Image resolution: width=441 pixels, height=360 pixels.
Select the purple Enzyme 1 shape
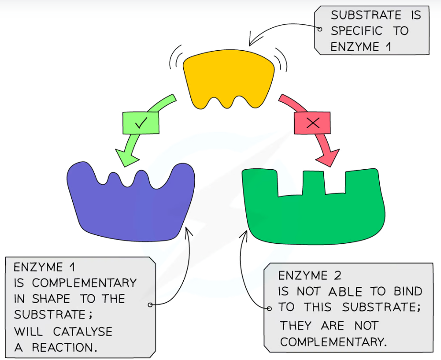(132, 206)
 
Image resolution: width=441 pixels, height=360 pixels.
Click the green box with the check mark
(141, 123)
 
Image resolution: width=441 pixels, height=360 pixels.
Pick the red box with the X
(312, 123)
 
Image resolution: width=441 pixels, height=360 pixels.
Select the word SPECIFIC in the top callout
(357, 31)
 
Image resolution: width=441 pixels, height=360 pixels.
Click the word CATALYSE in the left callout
(82, 331)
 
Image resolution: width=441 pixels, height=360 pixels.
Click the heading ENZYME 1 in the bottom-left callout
(44, 266)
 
